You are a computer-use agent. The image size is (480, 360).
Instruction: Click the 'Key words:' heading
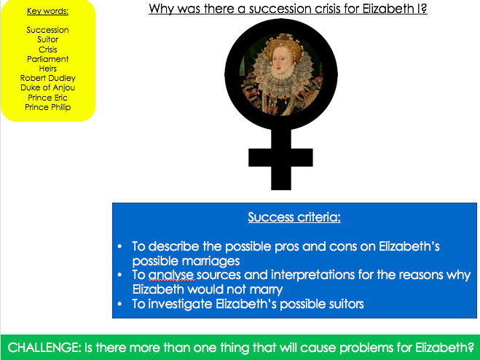[x=48, y=12]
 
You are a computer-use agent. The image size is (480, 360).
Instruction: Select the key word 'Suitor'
[x=48, y=39]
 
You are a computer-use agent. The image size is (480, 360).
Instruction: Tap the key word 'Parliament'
[x=48, y=59]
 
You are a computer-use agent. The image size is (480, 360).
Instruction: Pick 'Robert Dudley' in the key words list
[x=48, y=78]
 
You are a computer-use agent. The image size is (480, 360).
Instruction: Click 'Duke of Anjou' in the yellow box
[x=48, y=87]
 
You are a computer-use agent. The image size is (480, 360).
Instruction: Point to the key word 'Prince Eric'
[x=48, y=98]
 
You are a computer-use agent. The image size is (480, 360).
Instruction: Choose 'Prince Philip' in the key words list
[x=48, y=107]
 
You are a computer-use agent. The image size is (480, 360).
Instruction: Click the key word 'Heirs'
[x=48, y=69]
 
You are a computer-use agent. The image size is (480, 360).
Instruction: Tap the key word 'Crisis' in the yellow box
[x=48, y=50]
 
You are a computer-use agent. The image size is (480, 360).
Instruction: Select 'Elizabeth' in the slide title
[x=387, y=8]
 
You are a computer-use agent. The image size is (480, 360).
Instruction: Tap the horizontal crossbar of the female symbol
[x=280, y=157]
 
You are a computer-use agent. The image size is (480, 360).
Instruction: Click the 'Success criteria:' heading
[x=294, y=217]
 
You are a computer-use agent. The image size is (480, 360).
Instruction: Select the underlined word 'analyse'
[x=171, y=275]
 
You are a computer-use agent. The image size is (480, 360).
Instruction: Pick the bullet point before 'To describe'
[x=119, y=246]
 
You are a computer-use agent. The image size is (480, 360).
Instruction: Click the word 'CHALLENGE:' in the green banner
[x=44, y=348]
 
